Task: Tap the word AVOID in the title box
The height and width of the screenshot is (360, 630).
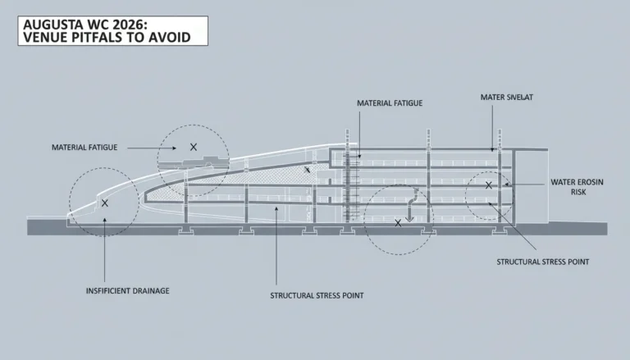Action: point(170,38)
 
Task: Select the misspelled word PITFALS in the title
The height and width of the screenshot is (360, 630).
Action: point(99,38)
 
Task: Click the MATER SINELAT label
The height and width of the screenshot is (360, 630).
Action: point(507,98)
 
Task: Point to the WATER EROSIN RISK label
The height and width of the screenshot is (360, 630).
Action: point(577,187)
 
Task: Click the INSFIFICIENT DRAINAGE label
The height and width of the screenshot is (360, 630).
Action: point(128,291)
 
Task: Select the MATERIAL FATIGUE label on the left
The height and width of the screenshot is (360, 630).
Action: point(84,148)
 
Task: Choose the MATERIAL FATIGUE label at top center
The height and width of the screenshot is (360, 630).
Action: point(390,103)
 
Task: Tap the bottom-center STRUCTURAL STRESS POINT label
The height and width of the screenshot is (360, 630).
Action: point(317,296)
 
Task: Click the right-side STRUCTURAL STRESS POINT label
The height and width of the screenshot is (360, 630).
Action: point(543,262)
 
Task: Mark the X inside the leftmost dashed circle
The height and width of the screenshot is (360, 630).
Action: point(105,203)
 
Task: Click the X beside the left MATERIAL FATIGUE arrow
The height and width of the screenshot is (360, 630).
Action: point(194,147)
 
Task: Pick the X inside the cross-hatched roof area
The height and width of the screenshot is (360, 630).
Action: point(307,170)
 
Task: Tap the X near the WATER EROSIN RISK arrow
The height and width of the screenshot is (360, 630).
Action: point(489,185)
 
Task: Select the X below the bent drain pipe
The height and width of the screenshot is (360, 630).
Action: point(398,223)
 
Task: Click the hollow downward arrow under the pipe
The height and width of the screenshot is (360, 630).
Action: point(409,217)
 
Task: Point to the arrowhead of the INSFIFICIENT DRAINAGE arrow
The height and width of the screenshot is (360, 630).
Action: point(105,220)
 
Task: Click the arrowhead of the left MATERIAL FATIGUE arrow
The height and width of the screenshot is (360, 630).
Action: point(174,148)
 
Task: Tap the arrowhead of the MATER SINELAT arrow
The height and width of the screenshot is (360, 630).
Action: point(492,149)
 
